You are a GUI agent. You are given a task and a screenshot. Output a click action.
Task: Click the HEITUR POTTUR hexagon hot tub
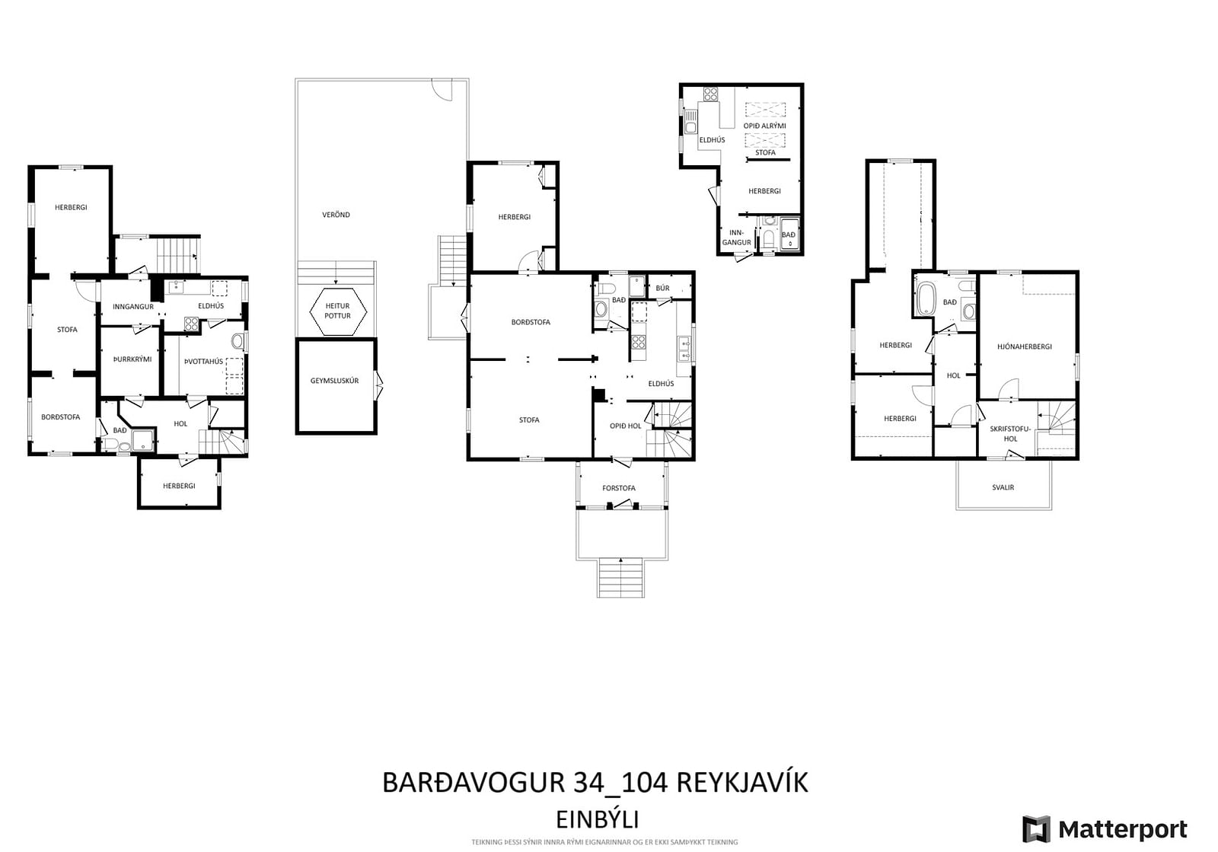[x=338, y=311]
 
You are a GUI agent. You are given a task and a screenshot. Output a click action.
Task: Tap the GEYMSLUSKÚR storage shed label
[x=334, y=381]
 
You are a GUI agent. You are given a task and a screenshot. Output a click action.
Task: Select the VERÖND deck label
[x=336, y=215]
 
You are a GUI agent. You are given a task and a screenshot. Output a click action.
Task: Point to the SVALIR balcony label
[x=1003, y=487]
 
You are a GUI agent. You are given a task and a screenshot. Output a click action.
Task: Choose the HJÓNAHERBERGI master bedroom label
[x=1025, y=346]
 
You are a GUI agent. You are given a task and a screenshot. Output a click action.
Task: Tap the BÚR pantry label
[x=662, y=288]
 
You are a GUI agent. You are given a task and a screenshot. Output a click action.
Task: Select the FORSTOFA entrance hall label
[x=619, y=488]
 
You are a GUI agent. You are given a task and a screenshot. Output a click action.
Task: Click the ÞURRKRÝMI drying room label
[x=132, y=359]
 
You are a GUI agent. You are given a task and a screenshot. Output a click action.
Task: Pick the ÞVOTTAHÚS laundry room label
[x=203, y=362]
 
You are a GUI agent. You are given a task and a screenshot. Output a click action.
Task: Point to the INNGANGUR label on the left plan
[x=133, y=307]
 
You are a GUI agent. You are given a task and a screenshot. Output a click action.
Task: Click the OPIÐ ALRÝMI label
[x=764, y=126]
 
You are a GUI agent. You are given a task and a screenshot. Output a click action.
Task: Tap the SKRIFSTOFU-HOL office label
[x=1010, y=434]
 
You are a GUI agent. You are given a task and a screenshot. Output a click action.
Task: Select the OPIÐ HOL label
[x=625, y=426]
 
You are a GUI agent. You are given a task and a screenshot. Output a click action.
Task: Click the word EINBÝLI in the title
[x=598, y=819]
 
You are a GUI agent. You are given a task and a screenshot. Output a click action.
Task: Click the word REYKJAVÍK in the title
[x=742, y=782]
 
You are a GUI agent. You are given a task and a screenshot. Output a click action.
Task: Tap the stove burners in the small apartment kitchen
[x=710, y=94]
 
